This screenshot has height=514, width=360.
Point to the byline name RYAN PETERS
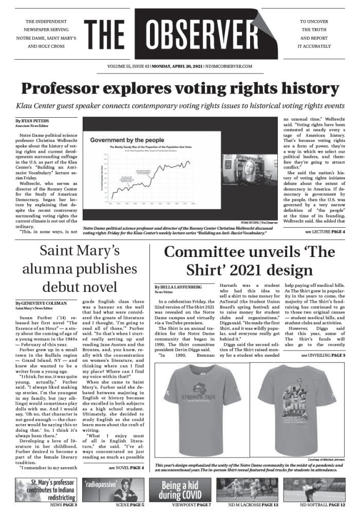(35, 120)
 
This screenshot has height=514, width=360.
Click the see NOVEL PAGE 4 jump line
(126, 468)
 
